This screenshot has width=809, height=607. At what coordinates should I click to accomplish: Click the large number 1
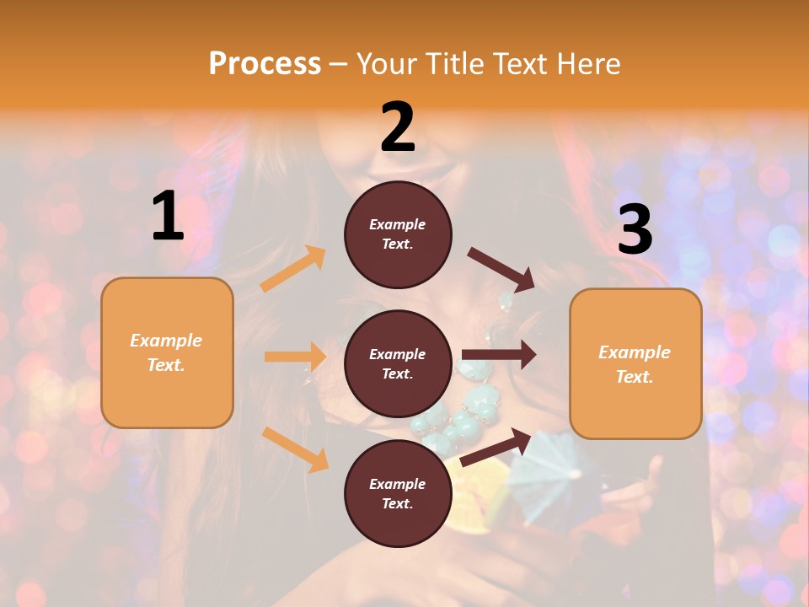point(168,217)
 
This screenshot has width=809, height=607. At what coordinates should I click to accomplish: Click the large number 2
point(398,127)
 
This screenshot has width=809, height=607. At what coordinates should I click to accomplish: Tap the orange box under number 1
point(167,352)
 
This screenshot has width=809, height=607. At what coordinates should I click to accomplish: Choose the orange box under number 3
point(635,364)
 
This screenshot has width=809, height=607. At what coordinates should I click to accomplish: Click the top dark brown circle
point(398,234)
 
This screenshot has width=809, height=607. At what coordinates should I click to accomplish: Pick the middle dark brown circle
point(398,363)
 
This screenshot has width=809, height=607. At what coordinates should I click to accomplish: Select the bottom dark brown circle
point(398,493)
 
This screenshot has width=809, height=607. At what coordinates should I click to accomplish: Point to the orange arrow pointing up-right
point(293,268)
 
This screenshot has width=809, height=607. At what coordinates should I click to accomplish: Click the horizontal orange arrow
point(295,357)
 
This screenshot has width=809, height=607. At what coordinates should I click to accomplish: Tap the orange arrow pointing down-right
point(296,449)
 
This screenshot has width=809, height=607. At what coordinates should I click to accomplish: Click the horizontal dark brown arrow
point(498,355)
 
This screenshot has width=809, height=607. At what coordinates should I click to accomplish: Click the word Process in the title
point(265,63)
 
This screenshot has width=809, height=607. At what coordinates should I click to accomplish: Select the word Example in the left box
point(166,341)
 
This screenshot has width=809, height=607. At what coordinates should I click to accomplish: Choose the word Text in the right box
point(635,377)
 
